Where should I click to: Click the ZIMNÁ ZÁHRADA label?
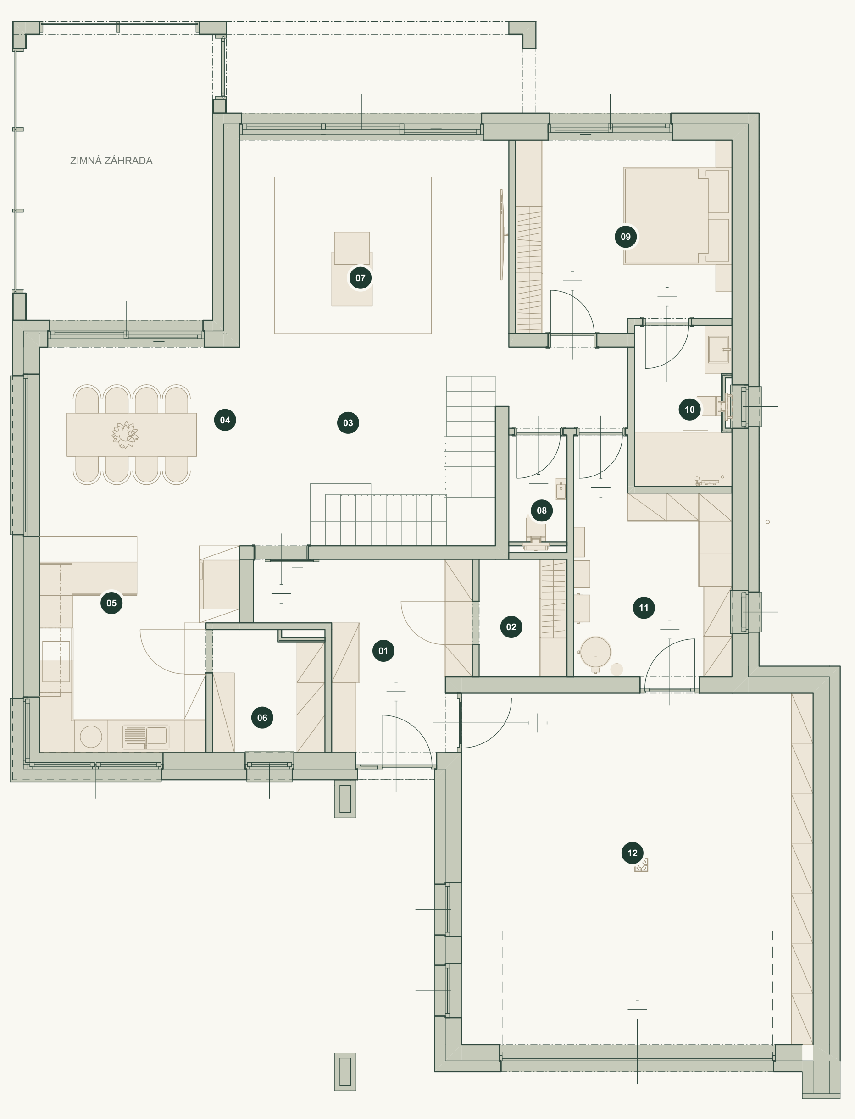pos(111,161)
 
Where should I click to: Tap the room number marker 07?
pos(361,278)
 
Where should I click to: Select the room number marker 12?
pos(633,853)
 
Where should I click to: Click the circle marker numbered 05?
pos(111,603)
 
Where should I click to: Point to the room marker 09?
pos(626,237)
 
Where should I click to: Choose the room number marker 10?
pos(689,410)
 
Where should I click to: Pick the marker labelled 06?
pos(262,718)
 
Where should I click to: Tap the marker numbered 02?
pos(511,627)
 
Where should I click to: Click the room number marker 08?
pos(542,510)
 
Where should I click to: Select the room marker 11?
pos(644,608)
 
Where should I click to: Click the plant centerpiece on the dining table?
pos(125,435)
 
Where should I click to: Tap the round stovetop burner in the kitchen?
pos(91,737)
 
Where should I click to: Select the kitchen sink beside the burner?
pos(145,737)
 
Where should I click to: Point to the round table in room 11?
pos(595,652)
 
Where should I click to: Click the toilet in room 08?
pos(535,534)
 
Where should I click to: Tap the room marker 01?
pos(383,651)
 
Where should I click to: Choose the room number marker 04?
pos(225,420)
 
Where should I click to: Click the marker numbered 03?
pos(348,423)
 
